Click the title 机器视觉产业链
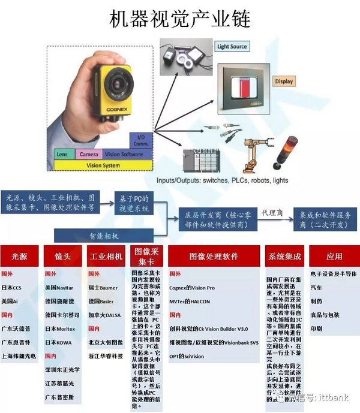point(179,20)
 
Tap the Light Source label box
point(232,46)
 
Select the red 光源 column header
point(19,257)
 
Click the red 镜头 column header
point(62,257)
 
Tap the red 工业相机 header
point(106,257)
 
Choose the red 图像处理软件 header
point(214,256)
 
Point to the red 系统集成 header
point(284,256)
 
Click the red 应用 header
point(334,256)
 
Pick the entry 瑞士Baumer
point(104,288)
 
